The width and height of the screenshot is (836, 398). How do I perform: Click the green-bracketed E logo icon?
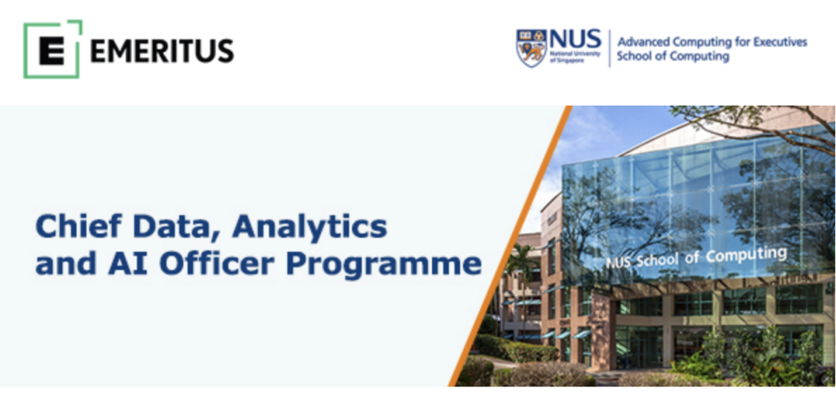tap(52, 49)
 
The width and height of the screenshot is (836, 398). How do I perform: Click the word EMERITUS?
tap(162, 51)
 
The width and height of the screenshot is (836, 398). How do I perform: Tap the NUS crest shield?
tap(531, 48)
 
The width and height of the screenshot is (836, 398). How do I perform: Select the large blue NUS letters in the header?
tap(575, 40)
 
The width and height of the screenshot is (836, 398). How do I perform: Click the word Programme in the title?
tap(385, 266)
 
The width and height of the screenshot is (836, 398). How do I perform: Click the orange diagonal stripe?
tap(510, 246)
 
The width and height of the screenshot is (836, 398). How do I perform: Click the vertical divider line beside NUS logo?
tap(609, 48)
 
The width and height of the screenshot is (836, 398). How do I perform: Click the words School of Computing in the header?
tap(673, 56)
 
